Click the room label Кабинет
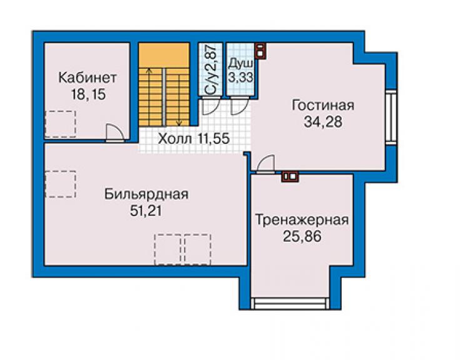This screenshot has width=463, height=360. click(88, 78)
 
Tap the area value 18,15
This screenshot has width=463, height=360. click(88, 95)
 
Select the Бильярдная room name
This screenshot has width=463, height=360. click(146, 195)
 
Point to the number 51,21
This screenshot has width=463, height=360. click(146, 211)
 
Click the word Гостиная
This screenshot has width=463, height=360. click(323, 105)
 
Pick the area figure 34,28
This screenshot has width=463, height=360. click(323, 121)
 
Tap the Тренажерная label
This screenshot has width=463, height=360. click(302, 220)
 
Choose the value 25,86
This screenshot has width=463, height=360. click(302, 237)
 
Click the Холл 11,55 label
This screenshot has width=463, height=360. click(194, 138)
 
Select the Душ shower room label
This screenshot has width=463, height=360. click(241, 63)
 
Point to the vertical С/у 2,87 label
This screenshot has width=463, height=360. click(210, 69)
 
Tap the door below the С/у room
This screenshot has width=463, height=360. click(210, 106)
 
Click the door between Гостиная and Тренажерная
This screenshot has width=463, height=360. click(265, 164)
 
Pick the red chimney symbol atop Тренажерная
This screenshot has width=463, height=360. click(290, 177)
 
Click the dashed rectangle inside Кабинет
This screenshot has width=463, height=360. click(61, 124)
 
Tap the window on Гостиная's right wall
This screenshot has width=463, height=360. click(391, 116)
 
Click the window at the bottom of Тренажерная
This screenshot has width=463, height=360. click(290, 303)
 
